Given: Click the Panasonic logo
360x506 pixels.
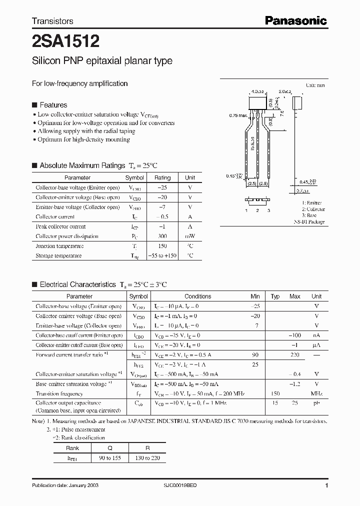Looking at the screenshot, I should click(x=295, y=20).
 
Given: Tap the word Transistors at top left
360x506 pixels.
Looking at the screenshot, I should click(x=52, y=21).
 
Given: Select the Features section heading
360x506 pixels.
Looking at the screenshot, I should click(x=53, y=105).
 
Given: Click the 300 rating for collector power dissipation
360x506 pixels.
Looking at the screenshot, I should click(x=162, y=236).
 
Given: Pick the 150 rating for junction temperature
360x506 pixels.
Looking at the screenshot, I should click(x=162, y=246).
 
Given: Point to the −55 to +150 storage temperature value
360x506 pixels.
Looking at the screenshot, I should click(x=162, y=255).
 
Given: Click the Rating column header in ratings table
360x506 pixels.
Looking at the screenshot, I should click(x=162, y=177).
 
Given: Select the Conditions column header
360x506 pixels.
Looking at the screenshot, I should click(x=197, y=296).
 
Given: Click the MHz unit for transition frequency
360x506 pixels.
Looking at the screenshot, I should click(x=316, y=393).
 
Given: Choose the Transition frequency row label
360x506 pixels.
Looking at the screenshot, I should click(x=59, y=393).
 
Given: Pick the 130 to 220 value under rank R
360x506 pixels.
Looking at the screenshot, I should click(x=147, y=457).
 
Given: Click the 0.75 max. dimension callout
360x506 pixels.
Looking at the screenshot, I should click(x=238, y=116).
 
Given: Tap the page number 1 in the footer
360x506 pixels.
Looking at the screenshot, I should click(x=326, y=486).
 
